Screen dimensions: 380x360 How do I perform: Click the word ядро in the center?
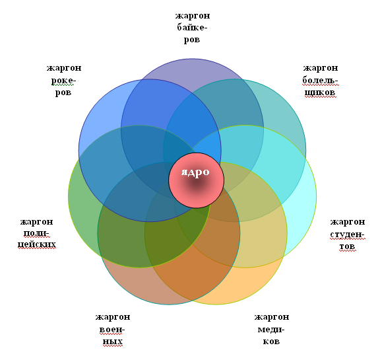[x=195, y=172]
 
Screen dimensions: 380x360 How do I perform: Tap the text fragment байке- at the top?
[x=192, y=27]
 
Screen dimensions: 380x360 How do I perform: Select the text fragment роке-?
[x=63, y=81]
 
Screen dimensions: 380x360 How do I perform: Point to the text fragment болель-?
[x=320, y=80]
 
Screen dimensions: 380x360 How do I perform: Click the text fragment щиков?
[x=320, y=92]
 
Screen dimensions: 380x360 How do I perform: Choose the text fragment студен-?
[x=347, y=234]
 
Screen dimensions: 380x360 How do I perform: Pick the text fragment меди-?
[x=271, y=330]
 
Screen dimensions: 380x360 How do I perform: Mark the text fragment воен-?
[x=112, y=330]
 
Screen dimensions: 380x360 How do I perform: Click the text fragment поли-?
[x=36, y=233]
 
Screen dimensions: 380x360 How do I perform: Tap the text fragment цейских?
[x=37, y=244]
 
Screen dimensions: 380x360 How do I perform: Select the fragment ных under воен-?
[x=113, y=342]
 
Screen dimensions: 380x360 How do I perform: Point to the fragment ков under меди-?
[x=271, y=342]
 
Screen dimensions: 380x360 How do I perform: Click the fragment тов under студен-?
[x=347, y=246]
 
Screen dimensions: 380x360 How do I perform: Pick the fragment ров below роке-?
[x=63, y=92]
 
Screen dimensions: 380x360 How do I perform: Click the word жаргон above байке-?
[x=193, y=16]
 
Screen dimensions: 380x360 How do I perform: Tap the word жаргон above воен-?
[x=113, y=317]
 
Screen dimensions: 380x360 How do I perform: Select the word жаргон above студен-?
[x=348, y=222]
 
